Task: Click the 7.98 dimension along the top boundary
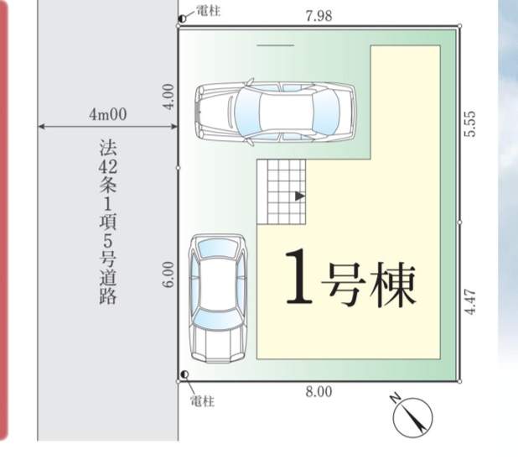pos(319,16)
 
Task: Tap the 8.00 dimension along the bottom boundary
pos(319,392)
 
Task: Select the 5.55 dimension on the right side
pos(470,123)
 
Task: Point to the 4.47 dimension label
pos(470,302)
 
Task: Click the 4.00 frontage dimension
pos(168,97)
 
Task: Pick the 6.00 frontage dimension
pos(168,274)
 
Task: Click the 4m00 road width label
pos(107,114)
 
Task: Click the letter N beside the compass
pos(396,398)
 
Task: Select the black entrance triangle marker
pos(299,196)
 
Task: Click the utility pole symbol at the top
pos(182,18)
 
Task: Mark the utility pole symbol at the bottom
pos(184,374)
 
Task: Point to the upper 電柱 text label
pos(209,11)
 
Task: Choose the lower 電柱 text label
pos(202,401)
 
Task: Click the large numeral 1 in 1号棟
pos(299,277)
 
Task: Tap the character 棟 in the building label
pos(393,286)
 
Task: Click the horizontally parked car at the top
pos(275,112)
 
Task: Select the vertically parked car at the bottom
pos(218,299)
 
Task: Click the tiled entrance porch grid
pos(282,192)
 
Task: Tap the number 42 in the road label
pos(107,168)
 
